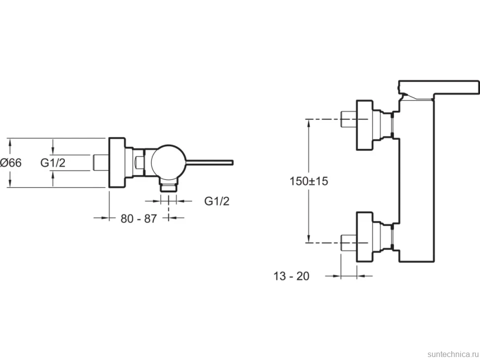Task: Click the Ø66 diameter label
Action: point(11,163)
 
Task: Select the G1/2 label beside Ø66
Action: point(53,163)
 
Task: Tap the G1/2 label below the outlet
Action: point(217,201)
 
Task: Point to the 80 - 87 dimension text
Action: point(139,219)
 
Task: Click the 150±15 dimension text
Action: point(309,181)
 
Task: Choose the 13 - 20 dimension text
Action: point(291,276)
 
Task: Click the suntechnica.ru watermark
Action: point(453,354)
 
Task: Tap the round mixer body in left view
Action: point(169,162)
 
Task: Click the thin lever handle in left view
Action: point(210,162)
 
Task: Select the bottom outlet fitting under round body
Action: point(169,185)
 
